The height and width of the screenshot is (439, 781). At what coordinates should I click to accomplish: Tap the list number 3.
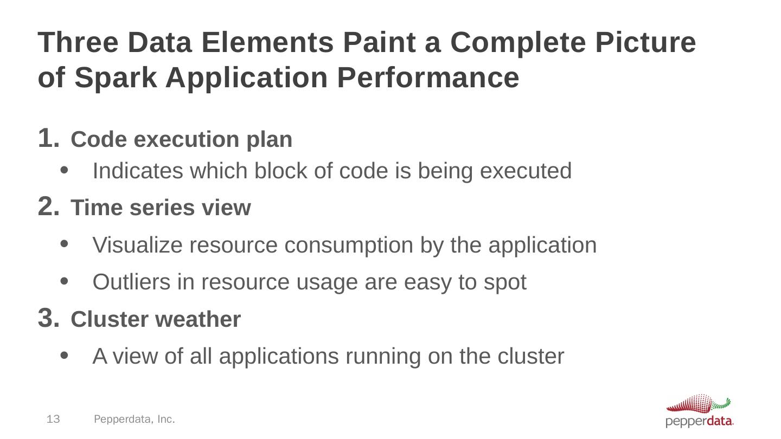[x=47, y=318]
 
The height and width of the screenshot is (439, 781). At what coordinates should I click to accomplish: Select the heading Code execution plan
[x=182, y=139]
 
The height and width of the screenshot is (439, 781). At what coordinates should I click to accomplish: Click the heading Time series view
[x=161, y=208]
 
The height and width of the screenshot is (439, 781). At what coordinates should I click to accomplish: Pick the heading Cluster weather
[x=156, y=320]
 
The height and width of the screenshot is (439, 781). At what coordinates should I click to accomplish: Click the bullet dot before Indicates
[x=65, y=171]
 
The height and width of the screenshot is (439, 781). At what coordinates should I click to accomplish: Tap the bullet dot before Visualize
[x=65, y=245]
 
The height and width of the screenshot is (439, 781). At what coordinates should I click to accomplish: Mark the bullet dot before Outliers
[x=65, y=282]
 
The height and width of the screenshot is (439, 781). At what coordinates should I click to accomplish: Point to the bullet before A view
[x=65, y=356]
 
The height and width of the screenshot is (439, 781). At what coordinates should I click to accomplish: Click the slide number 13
[x=53, y=419]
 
